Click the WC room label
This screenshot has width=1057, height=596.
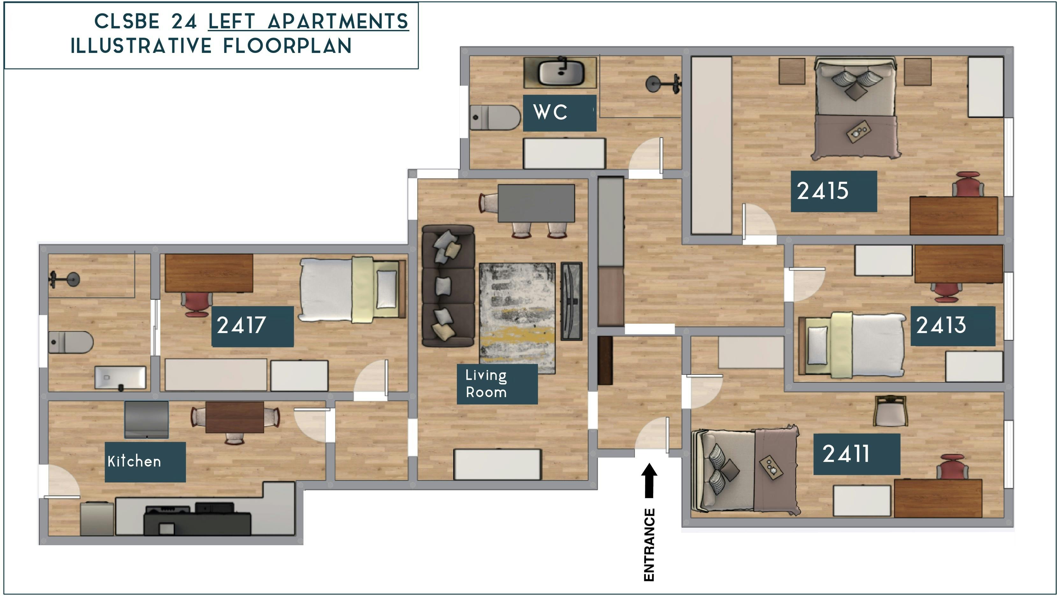[x=559, y=113]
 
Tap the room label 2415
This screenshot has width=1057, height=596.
[x=834, y=191]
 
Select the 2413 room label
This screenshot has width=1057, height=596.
[x=953, y=326]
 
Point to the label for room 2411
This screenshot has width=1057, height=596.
[x=857, y=454]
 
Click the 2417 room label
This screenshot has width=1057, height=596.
[x=252, y=326]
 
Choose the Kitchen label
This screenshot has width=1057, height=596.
[x=145, y=462]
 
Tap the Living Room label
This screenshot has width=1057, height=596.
[x=497, y=384]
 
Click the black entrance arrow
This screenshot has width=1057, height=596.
[x=649, y=481]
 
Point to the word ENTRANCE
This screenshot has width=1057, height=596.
[x=649, y=545]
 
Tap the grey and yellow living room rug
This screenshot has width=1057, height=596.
[x=517, y=318]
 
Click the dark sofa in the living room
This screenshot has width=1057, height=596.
[x=448, y=286]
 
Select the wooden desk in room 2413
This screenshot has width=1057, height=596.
[x=959, y=264]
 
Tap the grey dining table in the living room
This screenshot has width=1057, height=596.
[x=536, y=203]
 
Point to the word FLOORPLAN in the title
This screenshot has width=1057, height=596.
[x=287, y=46]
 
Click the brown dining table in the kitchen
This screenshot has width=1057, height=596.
[x=234, y=417]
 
